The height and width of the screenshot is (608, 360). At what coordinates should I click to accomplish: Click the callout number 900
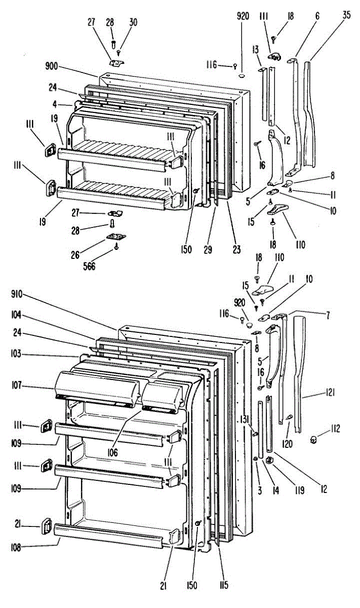52,66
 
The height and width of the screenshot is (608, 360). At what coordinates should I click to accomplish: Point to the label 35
346,15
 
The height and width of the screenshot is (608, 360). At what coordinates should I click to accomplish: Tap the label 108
20,546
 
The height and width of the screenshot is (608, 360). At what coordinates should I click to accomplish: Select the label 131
244,419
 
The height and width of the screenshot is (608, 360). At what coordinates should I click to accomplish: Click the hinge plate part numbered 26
116,237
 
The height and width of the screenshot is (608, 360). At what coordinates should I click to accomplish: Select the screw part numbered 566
117,247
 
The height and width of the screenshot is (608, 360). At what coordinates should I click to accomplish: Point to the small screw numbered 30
118,51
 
